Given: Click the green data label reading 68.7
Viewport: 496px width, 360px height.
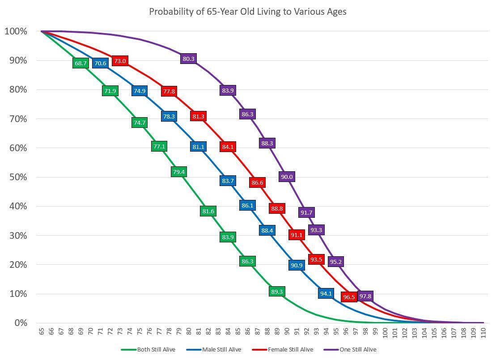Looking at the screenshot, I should pyautogui.click(x=81, y=64).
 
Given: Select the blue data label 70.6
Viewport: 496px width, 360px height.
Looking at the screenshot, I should pyautogui.click(x=100, y=64).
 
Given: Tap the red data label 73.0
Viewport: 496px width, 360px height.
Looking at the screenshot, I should pyautogui.click(x=120, y=61).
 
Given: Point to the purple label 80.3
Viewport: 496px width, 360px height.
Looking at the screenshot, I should pyautogui.click(x=189, y=59).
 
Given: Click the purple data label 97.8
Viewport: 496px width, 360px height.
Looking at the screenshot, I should pyautogui.click(x=365, y=296).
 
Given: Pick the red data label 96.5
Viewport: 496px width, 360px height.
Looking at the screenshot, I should pyautogui.click(x=348, y=297).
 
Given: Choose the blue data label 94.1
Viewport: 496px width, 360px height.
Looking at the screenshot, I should pyautogui.click(x=326, y=294).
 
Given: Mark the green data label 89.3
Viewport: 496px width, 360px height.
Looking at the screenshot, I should pyautogui.click(x=277, y=292).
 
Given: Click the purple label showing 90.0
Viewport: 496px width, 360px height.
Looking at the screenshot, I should pyautogui.click(x=286, y=177).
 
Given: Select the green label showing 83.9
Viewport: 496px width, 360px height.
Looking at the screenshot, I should pyautogui.click(x=228, y=237).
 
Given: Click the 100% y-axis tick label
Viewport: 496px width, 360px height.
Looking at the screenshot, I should pyautogui.click(x=16, y=31).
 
